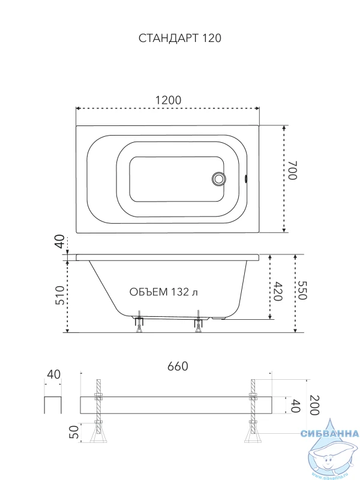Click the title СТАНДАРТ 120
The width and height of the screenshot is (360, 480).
tap(179, 38)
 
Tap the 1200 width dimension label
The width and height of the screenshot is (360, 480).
tap(169, 100)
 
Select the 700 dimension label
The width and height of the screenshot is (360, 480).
tap(292, 170)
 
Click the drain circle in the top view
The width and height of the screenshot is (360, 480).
tap(218, 178)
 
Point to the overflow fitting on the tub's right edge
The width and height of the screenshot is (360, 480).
tap(245, 178)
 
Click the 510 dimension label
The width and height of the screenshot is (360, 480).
tap(60, 295)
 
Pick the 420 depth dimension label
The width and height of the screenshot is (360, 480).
tap(278, 291)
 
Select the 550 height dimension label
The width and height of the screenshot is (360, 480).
tap(302, 290)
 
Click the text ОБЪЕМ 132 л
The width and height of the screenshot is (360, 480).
tap(163, 292)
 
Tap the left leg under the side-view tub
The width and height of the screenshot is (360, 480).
tap(140, 322)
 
